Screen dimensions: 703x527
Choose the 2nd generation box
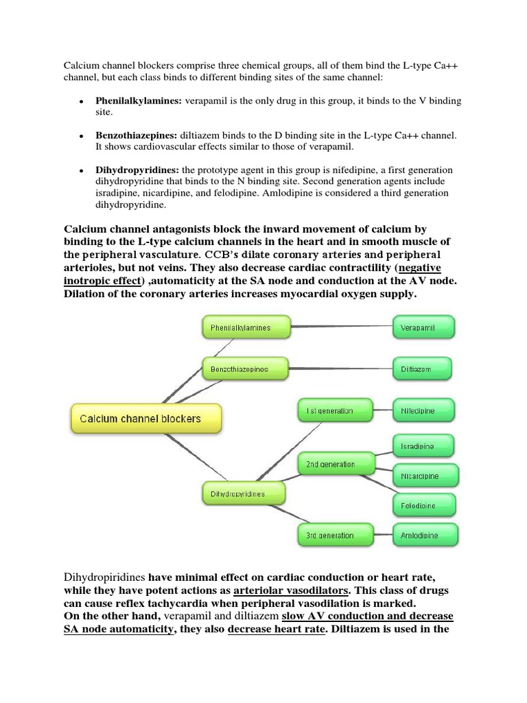click(x=334, y=465)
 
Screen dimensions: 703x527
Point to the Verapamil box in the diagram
click(x=422, y=328)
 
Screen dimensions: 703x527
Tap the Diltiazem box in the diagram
click(x=422, y=369)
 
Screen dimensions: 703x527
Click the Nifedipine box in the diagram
click(x=422, y=411)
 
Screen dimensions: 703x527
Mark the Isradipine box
click(x=422, y=446)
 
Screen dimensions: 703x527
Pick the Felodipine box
click(x=422, y=505)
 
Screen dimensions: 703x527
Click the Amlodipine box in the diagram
click(x=422, y=535)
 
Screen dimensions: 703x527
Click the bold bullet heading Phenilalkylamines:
click(x=139, y=101)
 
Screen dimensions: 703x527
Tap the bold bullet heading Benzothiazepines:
click(x=137, y=135)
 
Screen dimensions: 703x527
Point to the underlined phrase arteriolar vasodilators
click(x=292, y=589)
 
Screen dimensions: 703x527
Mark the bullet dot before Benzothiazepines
click(x=81, y=136)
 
